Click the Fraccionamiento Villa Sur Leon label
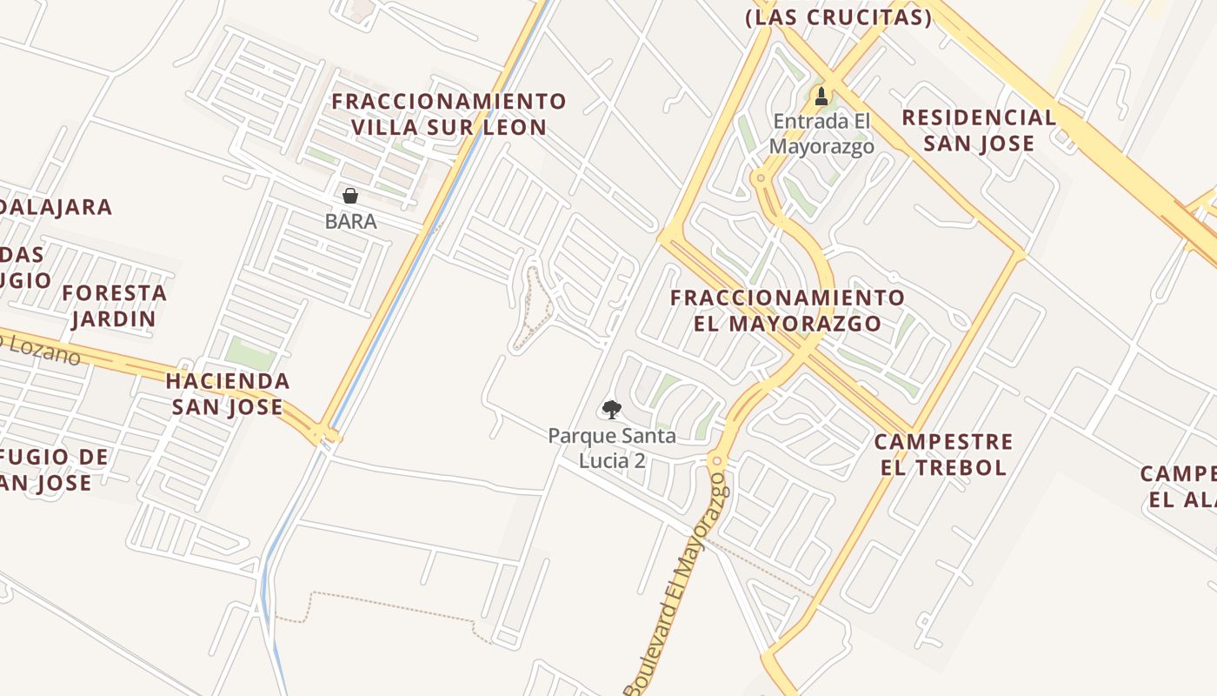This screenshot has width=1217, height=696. [x=449, y=114]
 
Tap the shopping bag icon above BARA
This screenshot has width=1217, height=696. [x=350, y=196]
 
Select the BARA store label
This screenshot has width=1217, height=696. [x=350, y=221]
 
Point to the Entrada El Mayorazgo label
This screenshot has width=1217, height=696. [x=821, y=134]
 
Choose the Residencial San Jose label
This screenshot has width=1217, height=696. [x=979, y=130]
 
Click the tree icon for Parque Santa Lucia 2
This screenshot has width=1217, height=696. [x=612, y=409]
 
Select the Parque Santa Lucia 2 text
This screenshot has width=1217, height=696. [x=612, y=447]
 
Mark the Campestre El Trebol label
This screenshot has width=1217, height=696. [x=944, y=454]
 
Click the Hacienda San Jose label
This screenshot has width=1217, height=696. [x=228, y=393]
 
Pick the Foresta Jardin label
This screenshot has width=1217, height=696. [x=114, y=305]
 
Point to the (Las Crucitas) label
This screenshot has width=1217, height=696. [x=839, y=17]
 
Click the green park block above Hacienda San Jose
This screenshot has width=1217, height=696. [x=250, y=353]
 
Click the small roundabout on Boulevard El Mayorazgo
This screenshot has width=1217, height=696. [x=717, y=459]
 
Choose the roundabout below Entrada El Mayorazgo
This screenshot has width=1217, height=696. [x=761, y=178]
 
